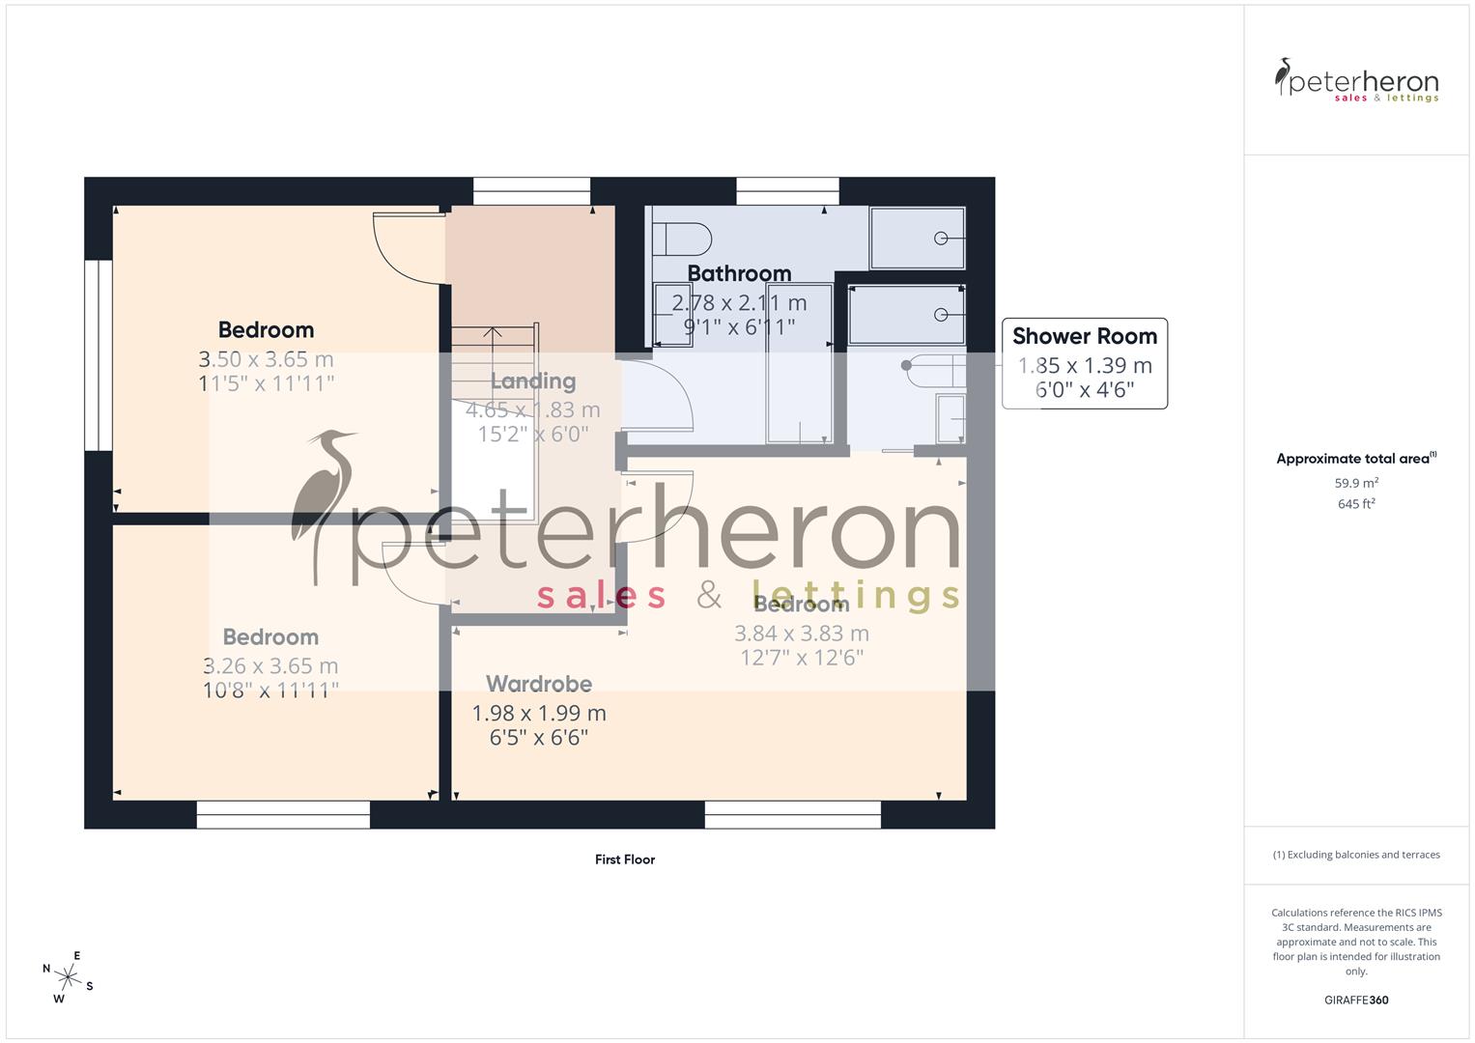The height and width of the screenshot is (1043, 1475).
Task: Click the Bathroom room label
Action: [739, 274]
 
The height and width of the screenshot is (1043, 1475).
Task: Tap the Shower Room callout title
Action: [1084, 337]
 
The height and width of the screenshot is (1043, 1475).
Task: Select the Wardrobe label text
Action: [538, 685]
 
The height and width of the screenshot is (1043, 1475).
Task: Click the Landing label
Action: [532, 381]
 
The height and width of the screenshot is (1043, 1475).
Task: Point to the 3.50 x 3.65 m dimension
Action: [266, 360]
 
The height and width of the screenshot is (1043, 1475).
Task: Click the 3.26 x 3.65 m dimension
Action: [270, 666]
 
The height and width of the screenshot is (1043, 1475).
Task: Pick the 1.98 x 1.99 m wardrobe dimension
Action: [538, 714]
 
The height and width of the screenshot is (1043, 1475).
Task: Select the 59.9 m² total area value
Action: [1355, 483]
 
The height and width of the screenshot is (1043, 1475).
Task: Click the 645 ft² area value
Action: [1355, 504]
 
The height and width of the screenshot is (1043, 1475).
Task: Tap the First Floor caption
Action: [625, 860]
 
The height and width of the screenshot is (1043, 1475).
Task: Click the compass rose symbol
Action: [67, 975]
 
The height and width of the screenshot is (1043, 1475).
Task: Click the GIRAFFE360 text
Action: [1355, 1001]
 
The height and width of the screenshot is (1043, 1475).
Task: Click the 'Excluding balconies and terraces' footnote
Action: [1356, 855]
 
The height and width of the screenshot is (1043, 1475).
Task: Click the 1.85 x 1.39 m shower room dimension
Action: [1084, 366]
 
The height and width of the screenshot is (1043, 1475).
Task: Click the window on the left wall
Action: [98, 354]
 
